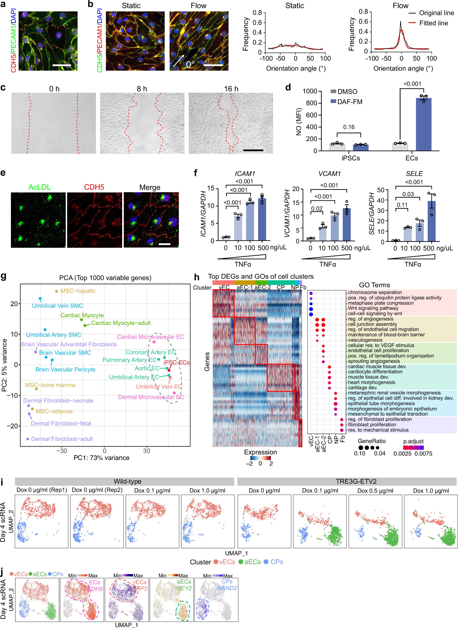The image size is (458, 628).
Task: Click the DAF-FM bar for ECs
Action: click(423, 125)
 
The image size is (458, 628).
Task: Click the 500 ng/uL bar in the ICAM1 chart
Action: click(262, 219)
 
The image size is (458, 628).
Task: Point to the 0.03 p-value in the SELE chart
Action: click(408, 194)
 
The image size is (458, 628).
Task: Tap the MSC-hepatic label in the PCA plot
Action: click(78, 291)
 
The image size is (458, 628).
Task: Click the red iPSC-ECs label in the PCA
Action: click(176, 363)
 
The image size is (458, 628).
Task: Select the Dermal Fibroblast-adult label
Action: click(62, 439)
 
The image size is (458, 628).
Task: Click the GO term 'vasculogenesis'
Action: click(365, 340)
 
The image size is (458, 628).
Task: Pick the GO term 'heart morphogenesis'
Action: click(371, 382)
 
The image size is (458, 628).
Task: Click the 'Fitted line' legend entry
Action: click(433, 23)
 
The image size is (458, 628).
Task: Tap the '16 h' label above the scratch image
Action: click(231, 89)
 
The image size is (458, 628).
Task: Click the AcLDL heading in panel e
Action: click(40, 187)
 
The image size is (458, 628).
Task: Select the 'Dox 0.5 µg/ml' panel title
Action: click(375, 490)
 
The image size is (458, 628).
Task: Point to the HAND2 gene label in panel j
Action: click(227, 588)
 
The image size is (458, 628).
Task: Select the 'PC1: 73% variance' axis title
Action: click(101, 458)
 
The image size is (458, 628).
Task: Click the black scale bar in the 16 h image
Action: click(253, 150)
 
